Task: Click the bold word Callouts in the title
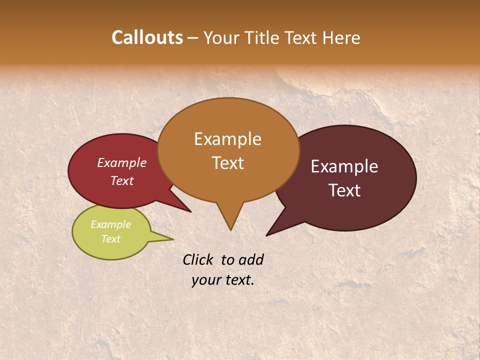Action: coord(147,37)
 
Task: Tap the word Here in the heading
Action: coord(342,37)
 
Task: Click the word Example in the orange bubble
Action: coord(227,139)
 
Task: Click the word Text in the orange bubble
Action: coord(227,163)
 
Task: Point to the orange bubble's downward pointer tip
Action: coord(230,229)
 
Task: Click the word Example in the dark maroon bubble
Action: coord(344,166)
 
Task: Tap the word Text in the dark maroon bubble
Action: coord(344,190)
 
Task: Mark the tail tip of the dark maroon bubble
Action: coord(267,235)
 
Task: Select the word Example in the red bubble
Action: coord(121,162)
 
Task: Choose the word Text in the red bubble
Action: coord(121,180)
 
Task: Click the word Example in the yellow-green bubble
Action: coord(110,224)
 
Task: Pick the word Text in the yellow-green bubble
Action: coord(110,239)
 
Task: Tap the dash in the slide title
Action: coord(193,38)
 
